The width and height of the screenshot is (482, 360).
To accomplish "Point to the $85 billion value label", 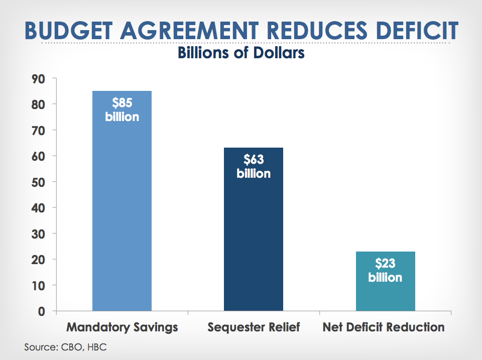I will [122, 109].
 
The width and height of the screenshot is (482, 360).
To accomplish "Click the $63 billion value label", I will [254, 166].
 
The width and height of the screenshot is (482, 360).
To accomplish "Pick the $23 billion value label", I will [385, 270].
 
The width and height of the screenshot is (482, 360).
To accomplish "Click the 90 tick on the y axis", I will [39, 79].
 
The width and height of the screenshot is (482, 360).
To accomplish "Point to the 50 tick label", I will [39, 182].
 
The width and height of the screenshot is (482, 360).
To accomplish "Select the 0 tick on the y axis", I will [42, 311].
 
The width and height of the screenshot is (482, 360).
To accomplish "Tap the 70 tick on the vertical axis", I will [39, 131].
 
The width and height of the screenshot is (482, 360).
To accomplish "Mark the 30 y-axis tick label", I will [39, 234].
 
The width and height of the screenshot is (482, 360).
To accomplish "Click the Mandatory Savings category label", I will [123, 327].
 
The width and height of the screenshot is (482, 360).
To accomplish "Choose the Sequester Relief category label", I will [254, 327].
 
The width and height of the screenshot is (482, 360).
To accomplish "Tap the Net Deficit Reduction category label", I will [384, 327].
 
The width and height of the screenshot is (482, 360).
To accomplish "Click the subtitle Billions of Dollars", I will [241, 52].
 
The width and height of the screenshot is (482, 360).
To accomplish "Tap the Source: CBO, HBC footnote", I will [65, 347].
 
